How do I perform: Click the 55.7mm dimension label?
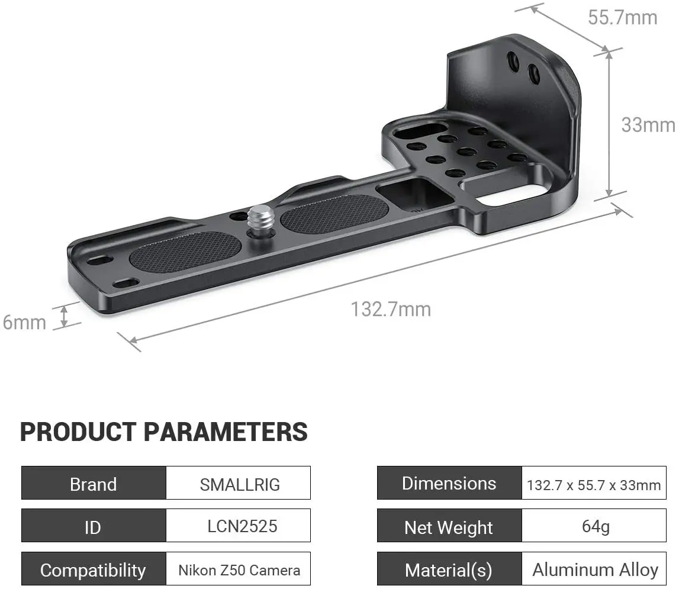click(x=622, y=18)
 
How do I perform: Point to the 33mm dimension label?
click(x=648, y=125)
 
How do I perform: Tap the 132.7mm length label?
click(x=391, y=309)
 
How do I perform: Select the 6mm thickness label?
click(x=24, y=322)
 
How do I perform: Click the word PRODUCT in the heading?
click(x=78, y=432)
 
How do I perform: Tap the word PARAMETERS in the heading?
click(x=226, y=432)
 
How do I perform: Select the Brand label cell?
click(x=94, y=483)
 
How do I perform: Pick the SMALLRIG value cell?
click(x=238, y=483)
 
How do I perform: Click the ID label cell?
click(x=94, y=525)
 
